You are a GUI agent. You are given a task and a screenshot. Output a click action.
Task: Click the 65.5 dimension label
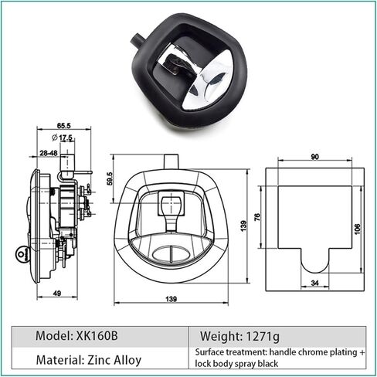point(63,126)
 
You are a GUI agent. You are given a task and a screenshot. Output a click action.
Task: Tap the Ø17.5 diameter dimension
point(62,138)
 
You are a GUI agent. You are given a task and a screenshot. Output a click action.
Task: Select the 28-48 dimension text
point(49,153)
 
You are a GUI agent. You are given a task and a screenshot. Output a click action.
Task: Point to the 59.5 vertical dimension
point(110,178)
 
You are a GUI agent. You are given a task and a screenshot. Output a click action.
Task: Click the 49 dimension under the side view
point(58,293)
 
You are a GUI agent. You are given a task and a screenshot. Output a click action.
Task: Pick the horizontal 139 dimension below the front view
point(172,299)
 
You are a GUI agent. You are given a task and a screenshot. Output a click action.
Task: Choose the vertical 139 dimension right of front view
point(243,226)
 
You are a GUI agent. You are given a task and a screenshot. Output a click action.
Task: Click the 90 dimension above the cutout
point(315,157)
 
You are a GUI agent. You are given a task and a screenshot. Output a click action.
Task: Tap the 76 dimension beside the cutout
point(257,217)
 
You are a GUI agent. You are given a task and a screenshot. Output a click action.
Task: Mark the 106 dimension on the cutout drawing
point(358,229)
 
